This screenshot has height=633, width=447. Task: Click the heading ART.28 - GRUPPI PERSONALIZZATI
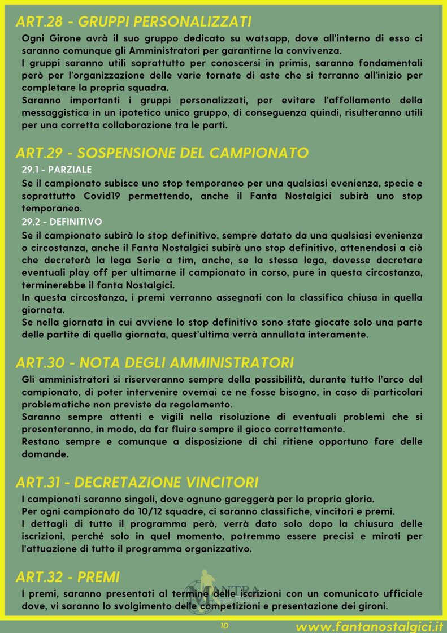pyautogui.click(x=133, y=22)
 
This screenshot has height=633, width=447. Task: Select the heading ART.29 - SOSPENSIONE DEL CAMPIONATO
pyautogui.click(x=162, y=153)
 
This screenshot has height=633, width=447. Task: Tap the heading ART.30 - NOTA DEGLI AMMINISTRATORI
pyautogui.click(x=154, y=362)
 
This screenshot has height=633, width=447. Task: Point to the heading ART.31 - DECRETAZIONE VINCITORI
pyautogui.click(x=137, y=483)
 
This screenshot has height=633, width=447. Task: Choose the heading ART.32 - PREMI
pyautogui.click(x=68, y=578)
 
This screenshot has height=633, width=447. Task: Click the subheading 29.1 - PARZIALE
pyautogui.click(x=57, y=170)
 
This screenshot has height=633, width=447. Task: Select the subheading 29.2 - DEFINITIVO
pyautogui.click(x=62, y=222)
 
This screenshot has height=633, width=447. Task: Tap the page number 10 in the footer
pyautogui.click(x=224, y=626)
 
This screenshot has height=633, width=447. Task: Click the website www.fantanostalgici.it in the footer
pyautogui.click(x=368, y=626)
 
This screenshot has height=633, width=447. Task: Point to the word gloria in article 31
pyautogui.click(x=358, y=500)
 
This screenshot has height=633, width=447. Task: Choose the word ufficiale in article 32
pyautogui.click(x=395, y=594)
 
